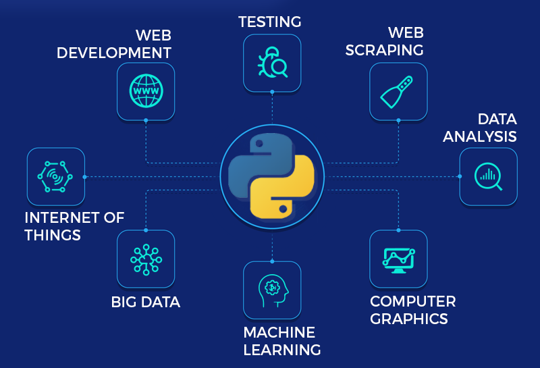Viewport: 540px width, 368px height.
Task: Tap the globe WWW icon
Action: tap(146, 91)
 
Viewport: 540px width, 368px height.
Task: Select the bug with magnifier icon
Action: tap(272, 63)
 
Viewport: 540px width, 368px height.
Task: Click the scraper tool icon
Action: tap(398, 91)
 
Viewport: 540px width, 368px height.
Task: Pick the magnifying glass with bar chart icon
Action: tap(488, 176)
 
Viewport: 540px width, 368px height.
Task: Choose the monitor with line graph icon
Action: tap(398, 259)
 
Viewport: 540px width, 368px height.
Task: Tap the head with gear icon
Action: tap(272, 289)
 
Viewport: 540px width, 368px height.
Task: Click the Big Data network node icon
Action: tap(146, 259)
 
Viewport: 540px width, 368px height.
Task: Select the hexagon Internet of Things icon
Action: tap(56, 176)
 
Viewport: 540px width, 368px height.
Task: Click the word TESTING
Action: tap(270, 22)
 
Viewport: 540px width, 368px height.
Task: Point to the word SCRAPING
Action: tap(396, 50)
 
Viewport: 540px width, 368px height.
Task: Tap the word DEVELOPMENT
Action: tap(114, 52)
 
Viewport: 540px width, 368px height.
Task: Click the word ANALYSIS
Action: tap(479, 136)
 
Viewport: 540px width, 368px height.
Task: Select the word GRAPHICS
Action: tap(409, 318)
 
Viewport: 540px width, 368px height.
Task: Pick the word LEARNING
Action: tap(282, 350)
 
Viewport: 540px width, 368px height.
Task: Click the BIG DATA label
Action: tap(146, 302)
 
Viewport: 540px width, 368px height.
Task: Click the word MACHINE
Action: tap(279, 332)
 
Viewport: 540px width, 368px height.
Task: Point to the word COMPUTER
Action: tap(413, 300)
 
